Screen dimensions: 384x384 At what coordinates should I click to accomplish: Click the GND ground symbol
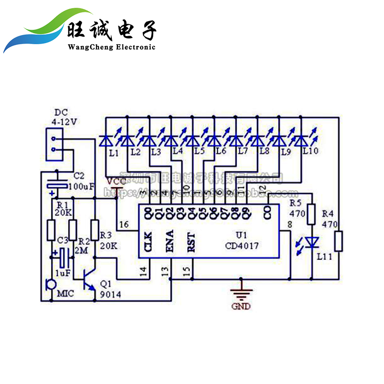pyautogui.click(x=241, y=293)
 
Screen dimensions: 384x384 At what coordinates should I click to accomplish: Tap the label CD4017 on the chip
pyautogui.click(x=242, y=246)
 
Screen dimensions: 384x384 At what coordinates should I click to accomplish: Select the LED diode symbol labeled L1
pyautogui.click(x=106, y=141)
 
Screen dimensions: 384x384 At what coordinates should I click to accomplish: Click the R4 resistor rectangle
pyautogui.click(x=339, y=241)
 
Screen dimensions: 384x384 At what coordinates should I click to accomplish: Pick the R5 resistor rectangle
pyautogui.click(x=312, y=215)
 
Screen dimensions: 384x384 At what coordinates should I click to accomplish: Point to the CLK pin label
pyautogui.click(x=148, y=241)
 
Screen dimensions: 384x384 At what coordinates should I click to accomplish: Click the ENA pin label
pyautogui.click(x=169, y=241)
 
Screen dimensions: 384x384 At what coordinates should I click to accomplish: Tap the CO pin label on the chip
pyautogui.click(x=267, y=212)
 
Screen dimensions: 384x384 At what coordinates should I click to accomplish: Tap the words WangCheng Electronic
pyautogui.click(x=112, y=47)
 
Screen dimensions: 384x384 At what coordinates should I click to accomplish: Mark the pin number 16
pyautogui.click(x=124, y=225)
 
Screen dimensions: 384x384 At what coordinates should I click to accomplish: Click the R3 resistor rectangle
pyautogui.click(x=95, y=230)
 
